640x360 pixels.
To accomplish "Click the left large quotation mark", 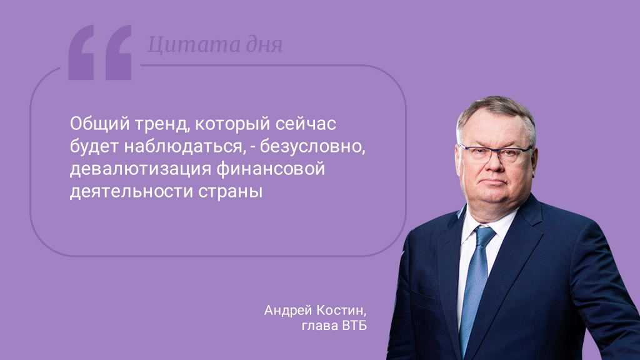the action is [81, 52].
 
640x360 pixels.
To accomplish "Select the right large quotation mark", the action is [118, 52].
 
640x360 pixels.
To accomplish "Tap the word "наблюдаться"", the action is [185, 147].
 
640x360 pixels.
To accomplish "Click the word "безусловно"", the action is [312, 147].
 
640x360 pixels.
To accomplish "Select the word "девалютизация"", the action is [141, 169].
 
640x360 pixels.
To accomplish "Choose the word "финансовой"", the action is [271, 169].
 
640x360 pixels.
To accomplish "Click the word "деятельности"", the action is [131, 192].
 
